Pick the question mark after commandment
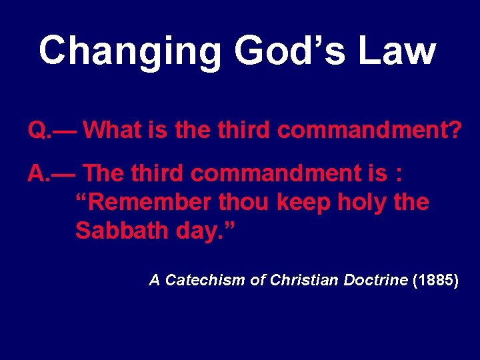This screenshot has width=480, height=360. click(x=454, y=129)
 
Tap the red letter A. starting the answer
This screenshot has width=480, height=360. click(x=37, y=173)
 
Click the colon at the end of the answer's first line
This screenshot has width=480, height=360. click(x=399, y=175)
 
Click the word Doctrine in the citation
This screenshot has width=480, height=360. click(x=375, y=280)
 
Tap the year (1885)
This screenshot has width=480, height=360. click(x=435, y=280)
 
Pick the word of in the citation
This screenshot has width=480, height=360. click(x=257, y=280)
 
